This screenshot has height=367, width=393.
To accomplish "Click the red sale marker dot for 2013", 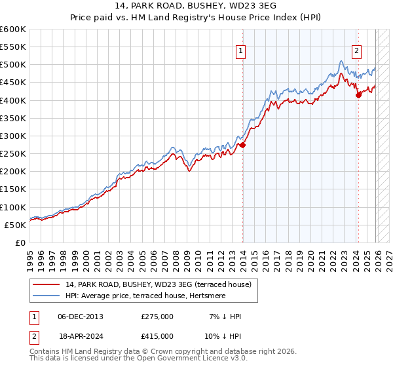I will [x=242, y=145].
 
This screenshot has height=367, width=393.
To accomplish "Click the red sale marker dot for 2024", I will [x=358, y=95].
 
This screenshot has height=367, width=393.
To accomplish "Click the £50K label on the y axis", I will [x=14, y=225].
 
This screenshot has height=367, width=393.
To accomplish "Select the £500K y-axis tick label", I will [x=12, y=64].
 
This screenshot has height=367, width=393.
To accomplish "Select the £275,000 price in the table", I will [x=157, y=317].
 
